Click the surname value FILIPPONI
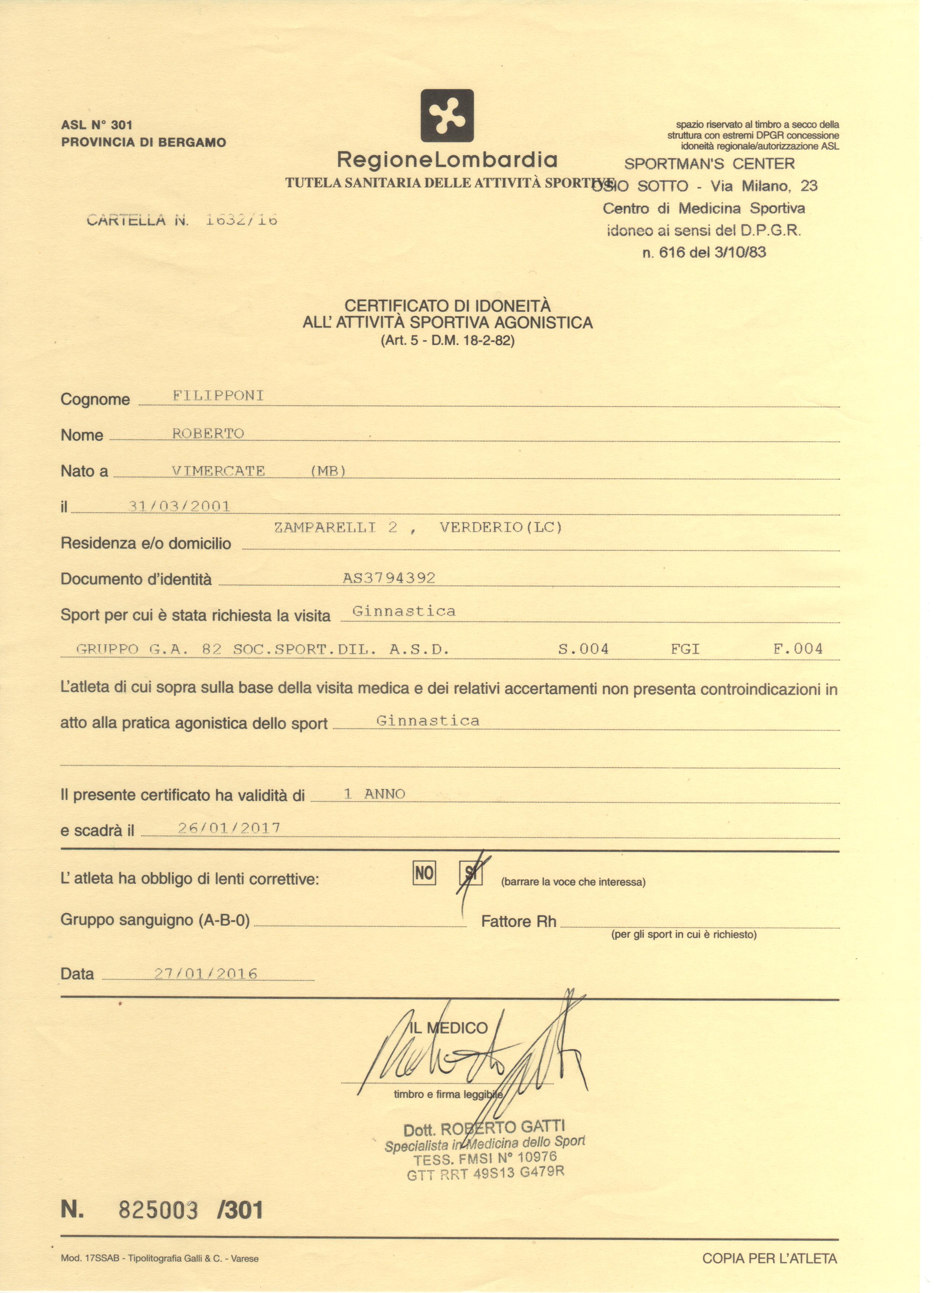[x=218, y=395]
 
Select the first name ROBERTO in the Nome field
[x=208, y=433]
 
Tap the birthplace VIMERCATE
[x=218, y=471]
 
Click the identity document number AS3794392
[x=389, y=578]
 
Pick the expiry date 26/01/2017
[x=229, y=828]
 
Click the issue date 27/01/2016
[x=206, y=973]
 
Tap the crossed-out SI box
[x=471, y=873]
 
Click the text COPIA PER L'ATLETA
[x=769, y=1258]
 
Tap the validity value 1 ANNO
[x=375, y=794]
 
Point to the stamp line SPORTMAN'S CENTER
[x=709, y=164]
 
